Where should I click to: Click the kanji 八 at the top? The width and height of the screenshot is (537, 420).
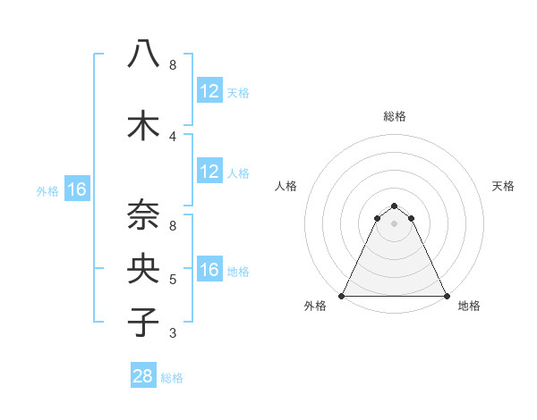pyautogui.click(x=143, y=55)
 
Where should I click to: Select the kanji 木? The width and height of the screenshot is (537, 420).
pyautogui.click(x=143, y=125)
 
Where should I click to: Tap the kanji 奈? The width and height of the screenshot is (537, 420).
pyautogui.click(x=143, y=215)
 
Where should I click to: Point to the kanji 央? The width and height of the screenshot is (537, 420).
pyautogui.click(x=143, y=268)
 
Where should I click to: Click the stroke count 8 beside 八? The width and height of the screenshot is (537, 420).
pyautogui.click(x=173, y=65)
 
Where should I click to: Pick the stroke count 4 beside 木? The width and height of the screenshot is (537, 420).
pyautogui.click(x=173, y=136)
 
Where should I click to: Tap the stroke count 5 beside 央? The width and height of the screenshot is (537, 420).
pyautogui.click(x=173, y=280)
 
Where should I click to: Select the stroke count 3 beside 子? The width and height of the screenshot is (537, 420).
pyautogui.click(x=173, y=333)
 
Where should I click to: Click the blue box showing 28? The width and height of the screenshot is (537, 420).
pyautogui.click(x=143, y=376)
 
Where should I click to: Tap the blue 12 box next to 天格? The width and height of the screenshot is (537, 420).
pyautogui.click(x=209, y=91)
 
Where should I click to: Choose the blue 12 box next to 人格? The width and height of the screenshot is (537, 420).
pyautogui.click(x=209, y=172)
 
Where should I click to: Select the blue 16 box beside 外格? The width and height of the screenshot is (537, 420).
pyautogui.click(x=76, y=189)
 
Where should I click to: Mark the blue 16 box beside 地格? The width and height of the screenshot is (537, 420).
pyautogui.click(x=209, y=270)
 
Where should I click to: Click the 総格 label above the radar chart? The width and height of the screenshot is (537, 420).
pyautogui.click(x=395, y=116)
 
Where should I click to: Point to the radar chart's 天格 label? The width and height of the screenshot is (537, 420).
pyautogui.click(x=504, y=186)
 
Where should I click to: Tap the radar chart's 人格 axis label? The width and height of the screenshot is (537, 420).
pyautogui.click(x=286, y=186)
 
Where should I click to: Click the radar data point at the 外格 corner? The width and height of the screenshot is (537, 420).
pyautogui.click(x=342, y=296)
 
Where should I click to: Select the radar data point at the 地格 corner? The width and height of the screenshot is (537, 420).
pyautogui.click(x=447, y=296)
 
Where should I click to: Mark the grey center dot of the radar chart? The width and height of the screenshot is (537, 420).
pyautogui.click(x=395, y=223)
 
